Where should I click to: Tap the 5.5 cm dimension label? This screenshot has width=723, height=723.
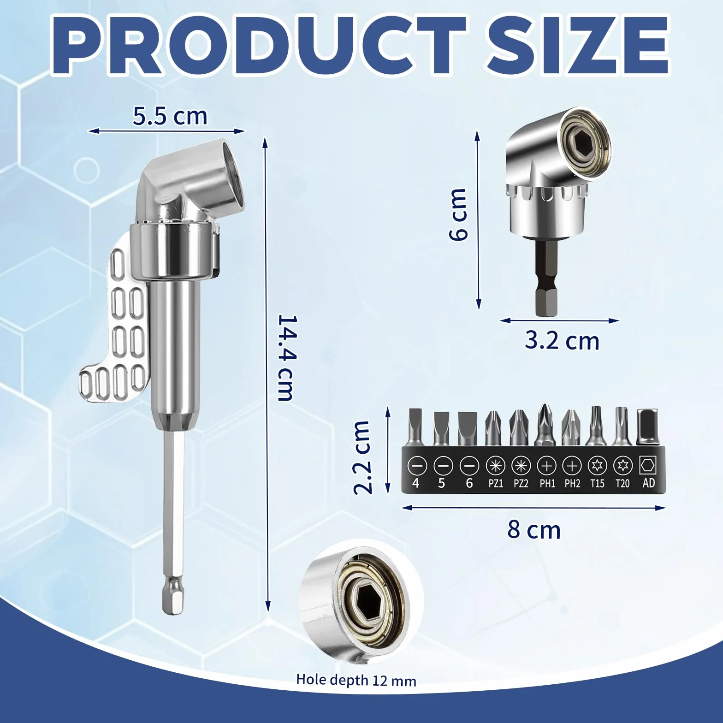(x=170, y=116)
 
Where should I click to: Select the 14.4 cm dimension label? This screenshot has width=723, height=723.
(x=286, y=358)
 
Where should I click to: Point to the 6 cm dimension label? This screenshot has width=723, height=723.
(x=458, y=214)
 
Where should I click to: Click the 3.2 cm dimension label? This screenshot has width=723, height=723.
(x=562, y=341)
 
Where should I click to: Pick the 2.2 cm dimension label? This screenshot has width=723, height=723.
(x=362, y=457)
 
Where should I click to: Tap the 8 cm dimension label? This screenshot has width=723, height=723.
(x=534, y=530)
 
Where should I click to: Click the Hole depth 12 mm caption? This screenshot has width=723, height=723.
(x=356, y=680)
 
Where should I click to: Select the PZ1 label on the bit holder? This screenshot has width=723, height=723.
(x=495, y=484)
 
